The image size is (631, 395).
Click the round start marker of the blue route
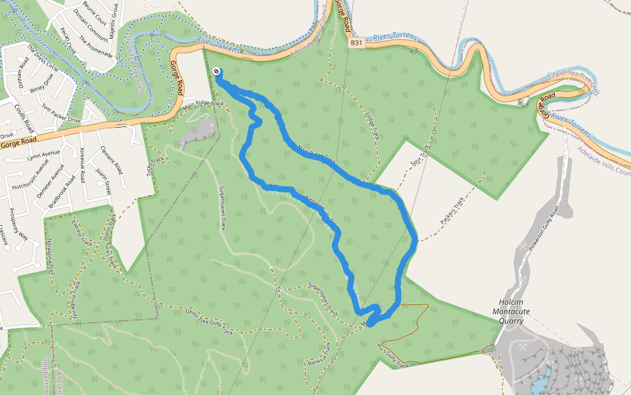click(x=216, y=72)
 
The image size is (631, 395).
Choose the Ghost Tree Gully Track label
click(x=209, y=321)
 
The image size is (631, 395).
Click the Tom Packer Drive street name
click(x=60, y=113)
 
